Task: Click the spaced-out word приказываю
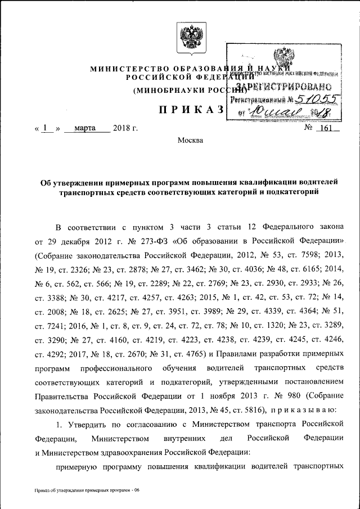(x=308, y=409)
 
